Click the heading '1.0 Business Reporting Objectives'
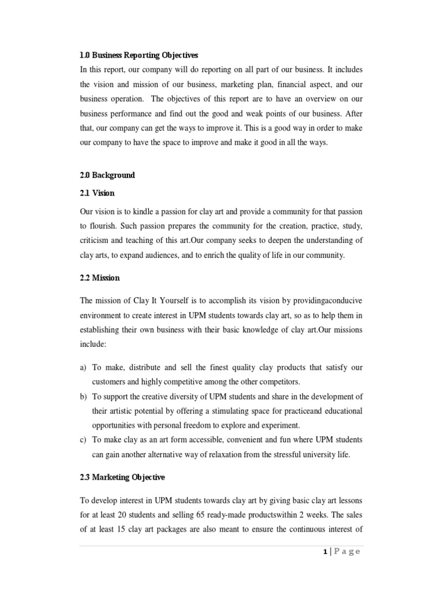tap(138, 55)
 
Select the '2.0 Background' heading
tap(107, 175)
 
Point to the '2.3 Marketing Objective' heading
tap(122, 477)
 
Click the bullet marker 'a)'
tap(83, 368)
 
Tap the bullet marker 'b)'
tap(83, 397)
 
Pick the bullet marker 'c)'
tap(83, 440)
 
